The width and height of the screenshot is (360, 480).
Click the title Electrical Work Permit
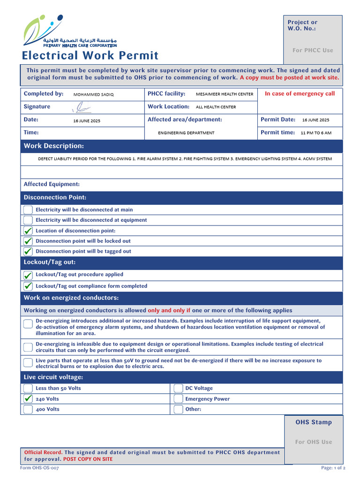point(90,55)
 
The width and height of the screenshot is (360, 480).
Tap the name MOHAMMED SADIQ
point(93,94)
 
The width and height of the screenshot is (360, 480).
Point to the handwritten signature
point(82,108)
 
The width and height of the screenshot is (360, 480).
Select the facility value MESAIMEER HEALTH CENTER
point(224,94)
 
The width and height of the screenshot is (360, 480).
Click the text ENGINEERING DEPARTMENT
point(186,133)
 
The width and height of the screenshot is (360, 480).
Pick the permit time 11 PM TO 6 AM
point(316,133)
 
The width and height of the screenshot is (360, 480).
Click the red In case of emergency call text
point(300,94)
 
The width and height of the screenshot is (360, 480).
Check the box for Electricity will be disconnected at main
point(28,210)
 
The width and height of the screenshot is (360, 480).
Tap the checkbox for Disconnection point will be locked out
point(28,241)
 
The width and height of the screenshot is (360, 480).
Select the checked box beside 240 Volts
point(28,399)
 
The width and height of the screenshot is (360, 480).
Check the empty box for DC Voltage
point(178,388)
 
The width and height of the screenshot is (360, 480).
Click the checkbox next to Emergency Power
point(178,399)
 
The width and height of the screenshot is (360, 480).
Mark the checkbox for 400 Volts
point(28,409)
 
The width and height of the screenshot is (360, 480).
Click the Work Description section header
point(54,146)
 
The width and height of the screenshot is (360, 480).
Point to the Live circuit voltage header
point(53,377)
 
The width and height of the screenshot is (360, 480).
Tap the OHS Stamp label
point(314,422)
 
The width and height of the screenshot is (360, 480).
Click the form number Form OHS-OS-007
point(39,468)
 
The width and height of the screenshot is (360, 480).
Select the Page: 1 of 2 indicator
point(333,468)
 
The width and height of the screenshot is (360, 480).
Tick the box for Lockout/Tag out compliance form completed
point(28,286)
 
